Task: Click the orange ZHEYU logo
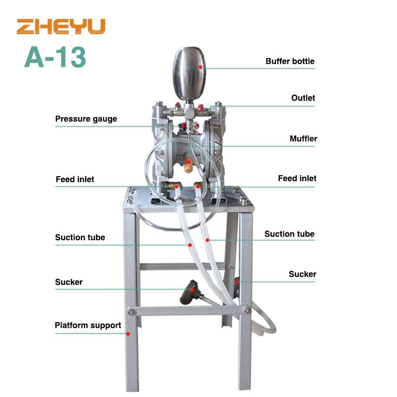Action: (x=61, y=26)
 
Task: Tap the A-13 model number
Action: (x=55, y=57)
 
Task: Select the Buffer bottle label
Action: (x=290, y=61)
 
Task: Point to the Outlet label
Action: (x=303, y=98)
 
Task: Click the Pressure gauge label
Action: (x=86, y=119)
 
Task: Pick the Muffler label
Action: (x=303, y=138)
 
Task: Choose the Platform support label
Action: (x=88, y=326)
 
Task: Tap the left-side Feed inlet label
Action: (x=75, y=179)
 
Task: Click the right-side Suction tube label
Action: (x=289, y=234)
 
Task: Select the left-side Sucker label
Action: (x=68, y=282)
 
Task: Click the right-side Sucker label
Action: (x=302, y=274)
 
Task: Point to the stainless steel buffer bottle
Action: (x=189, y=73)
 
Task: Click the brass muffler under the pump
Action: (x=188, y=165)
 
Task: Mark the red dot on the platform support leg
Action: (x=128, y=334)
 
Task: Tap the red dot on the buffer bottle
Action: (x=200, y=67)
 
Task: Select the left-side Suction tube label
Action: (x=80, y=238)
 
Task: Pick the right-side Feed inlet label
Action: (x=297, y=178)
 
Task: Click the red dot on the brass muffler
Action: (x=189, y=162)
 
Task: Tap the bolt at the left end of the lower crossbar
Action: (x=131, y=311)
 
